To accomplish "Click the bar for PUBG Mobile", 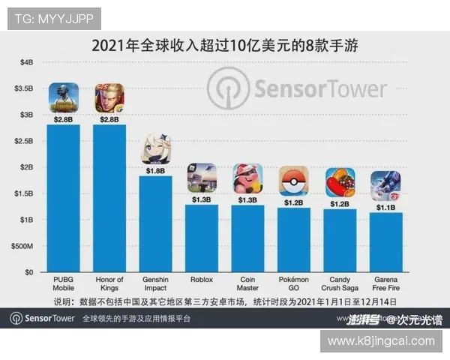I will pyautogui.click(x=63, y=198).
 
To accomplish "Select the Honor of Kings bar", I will pyautogui.click(x=109, y=198).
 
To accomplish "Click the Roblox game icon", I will pyautogui.click(x=202, y=178).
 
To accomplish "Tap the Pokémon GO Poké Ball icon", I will pyautogui.click(x=293, y=181).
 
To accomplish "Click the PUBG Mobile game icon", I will pyautogui.click(x=64, y=97).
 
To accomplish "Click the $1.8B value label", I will pyautogui.click(x=155, y=170).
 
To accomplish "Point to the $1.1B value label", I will pyautogui.click(x=385, y=207).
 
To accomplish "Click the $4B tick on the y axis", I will pyautogui.click(x=26, y=62).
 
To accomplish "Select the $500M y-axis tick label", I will pyautogui.click(x=22, y=246).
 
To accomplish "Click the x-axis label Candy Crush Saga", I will pyautogui.click(x=340, y=284).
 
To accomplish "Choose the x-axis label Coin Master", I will pyautogui.click(x=247, y=284).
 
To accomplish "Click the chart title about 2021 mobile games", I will pyautogui.click(x=225, y=46).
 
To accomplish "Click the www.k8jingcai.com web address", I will pyautogui.click(x=381, y=341).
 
